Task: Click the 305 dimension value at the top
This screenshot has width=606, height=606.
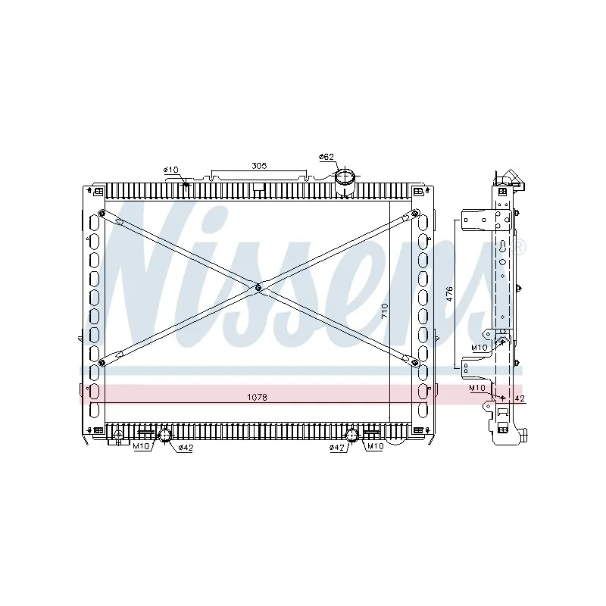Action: [260, 165]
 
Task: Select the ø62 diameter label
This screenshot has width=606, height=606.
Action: [326, 157]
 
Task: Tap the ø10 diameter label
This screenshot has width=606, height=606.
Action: [170, 170]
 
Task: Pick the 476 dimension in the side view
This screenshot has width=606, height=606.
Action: [448, 294]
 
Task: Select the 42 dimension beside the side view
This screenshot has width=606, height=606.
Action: [519, 397]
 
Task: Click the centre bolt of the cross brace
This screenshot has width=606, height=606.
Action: [258, 287]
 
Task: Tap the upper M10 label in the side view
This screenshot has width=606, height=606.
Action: [479, 347]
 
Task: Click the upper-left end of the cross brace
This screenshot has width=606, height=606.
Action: [102, 213]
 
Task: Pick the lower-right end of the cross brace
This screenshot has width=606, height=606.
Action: [415, 364]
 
